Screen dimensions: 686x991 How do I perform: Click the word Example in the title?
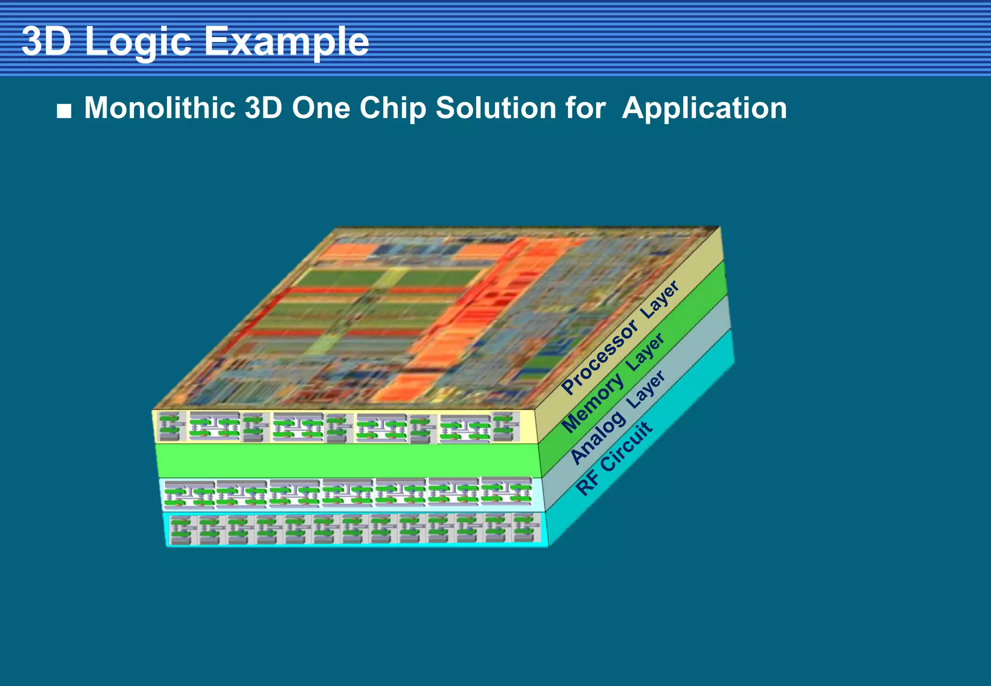pos(286,42)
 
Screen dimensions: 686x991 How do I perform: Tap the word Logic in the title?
pos(137,43)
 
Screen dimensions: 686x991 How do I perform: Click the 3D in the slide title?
pos(46,42)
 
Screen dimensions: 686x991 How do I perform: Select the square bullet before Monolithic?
pos(64,111)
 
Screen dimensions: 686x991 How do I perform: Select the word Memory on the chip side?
pos(592,404)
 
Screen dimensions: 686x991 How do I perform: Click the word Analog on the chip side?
pos(598,438)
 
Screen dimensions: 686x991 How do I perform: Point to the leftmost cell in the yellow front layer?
pos(172,426)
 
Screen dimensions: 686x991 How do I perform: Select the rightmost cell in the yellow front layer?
pos(505,426)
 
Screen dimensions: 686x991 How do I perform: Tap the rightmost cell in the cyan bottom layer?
pos(526,528)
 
